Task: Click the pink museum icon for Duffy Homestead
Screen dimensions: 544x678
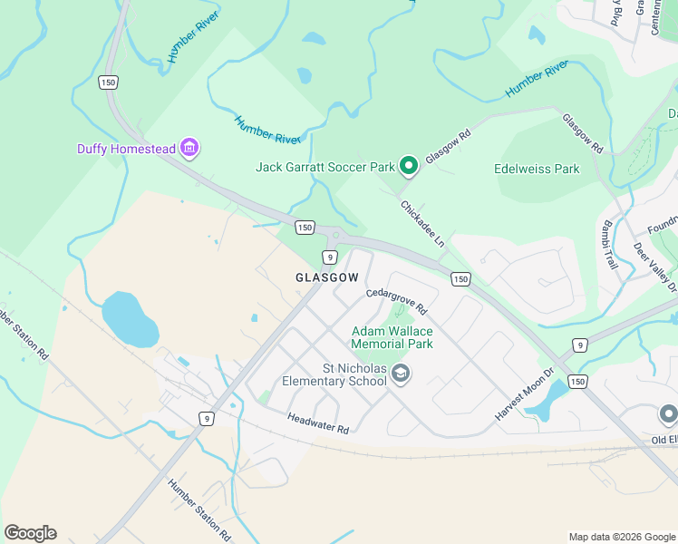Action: [x=189, y=147]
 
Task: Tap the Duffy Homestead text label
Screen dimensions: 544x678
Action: [x=126, y=149]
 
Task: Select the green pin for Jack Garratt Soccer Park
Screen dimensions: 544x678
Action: [x=409, y=165]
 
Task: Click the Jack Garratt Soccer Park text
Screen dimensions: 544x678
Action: [x=325, y=167]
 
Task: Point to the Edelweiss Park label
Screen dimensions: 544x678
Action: [x=537, y=169]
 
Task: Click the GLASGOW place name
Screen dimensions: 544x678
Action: [x=321, y=277]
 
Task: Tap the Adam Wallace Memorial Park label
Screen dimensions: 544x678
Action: [x=392, y=337]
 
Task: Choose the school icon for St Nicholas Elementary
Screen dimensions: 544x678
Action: [x=402, y=374]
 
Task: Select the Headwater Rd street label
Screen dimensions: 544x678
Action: [x=318, y=423]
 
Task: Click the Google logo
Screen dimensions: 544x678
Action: [x=31, y=533]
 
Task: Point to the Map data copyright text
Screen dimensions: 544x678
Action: [x=622, y=537]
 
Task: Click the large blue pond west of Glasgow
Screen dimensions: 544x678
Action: [x=131, y=318]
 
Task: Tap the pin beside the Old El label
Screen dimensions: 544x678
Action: [x=669, y=415]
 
